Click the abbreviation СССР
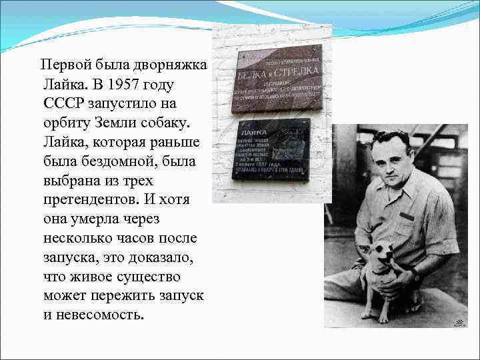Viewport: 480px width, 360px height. tap(65, 105)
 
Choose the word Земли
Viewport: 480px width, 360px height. tap(123, 124)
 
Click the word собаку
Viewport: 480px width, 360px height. tap(168, 124)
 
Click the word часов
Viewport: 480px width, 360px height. tap(144, 238)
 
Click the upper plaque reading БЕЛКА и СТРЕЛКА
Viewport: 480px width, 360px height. tap(277, 78)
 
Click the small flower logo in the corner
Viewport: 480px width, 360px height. tap(459, 323)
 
